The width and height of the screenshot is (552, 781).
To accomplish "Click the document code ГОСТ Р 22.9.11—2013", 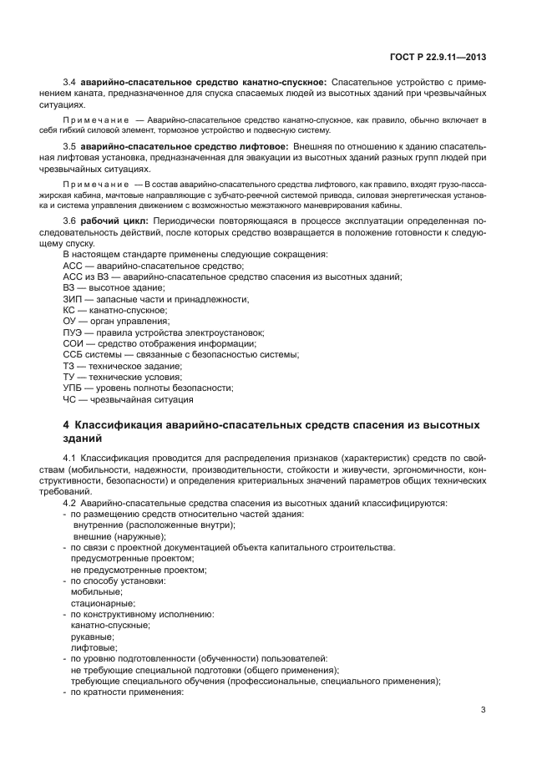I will click(438, 58).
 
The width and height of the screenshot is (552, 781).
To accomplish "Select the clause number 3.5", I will click(70, 147).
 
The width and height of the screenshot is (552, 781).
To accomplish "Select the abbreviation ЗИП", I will click(72, 299).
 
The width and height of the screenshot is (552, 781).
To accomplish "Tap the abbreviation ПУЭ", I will click(73, 332).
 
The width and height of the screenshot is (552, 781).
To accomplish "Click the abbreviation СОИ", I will click(73, 343).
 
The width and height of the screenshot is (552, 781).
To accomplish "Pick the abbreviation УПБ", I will click(73, 388).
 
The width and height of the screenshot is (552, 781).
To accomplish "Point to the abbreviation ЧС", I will click(69, 399).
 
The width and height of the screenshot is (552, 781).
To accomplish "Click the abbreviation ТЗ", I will click(69, 366).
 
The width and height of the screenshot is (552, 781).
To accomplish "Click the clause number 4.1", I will click(70, 459).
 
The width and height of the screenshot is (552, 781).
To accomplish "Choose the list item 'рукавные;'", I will click(94, 636).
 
